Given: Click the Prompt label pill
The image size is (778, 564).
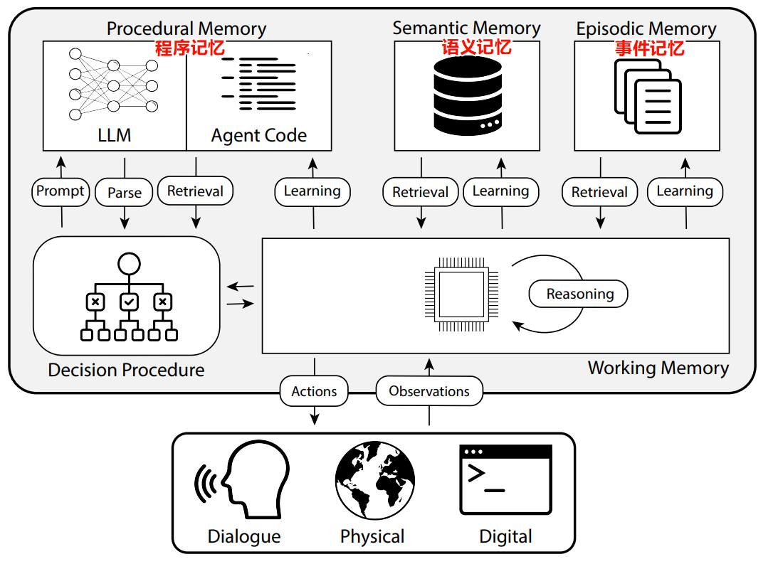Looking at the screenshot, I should [61, 191].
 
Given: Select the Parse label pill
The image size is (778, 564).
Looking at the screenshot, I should [125, 193].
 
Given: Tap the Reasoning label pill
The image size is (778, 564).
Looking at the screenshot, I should [579, 294].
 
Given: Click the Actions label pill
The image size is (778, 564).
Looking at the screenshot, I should [314, 391].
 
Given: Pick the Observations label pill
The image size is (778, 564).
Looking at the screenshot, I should [429, 391].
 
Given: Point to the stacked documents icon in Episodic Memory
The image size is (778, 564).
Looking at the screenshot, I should [647, 95].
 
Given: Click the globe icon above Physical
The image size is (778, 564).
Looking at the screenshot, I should [375, 480].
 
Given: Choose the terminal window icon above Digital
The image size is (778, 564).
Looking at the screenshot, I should [505, 479].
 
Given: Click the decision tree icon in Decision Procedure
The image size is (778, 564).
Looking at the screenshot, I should [128, 299].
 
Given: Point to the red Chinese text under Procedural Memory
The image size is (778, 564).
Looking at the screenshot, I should [190, 48].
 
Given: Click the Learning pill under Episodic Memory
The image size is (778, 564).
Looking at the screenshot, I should [685, 191].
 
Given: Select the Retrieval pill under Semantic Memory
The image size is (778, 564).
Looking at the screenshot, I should [421, 192].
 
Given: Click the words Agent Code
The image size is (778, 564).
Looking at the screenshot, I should [259, 135].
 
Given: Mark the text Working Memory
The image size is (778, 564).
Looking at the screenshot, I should [658, 368].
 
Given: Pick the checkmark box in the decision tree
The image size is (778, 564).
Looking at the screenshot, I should [129, 302].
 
